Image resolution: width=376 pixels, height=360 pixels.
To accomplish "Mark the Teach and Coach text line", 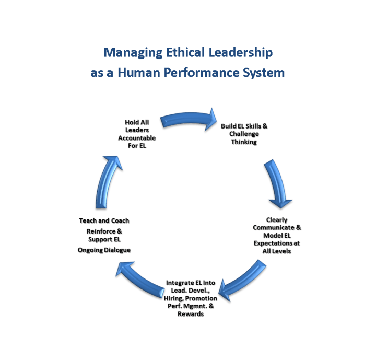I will pyautogui.click(x=104, y=221).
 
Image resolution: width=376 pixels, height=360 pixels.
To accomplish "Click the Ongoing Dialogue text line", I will pyautogui.click(x=104, y=250).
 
